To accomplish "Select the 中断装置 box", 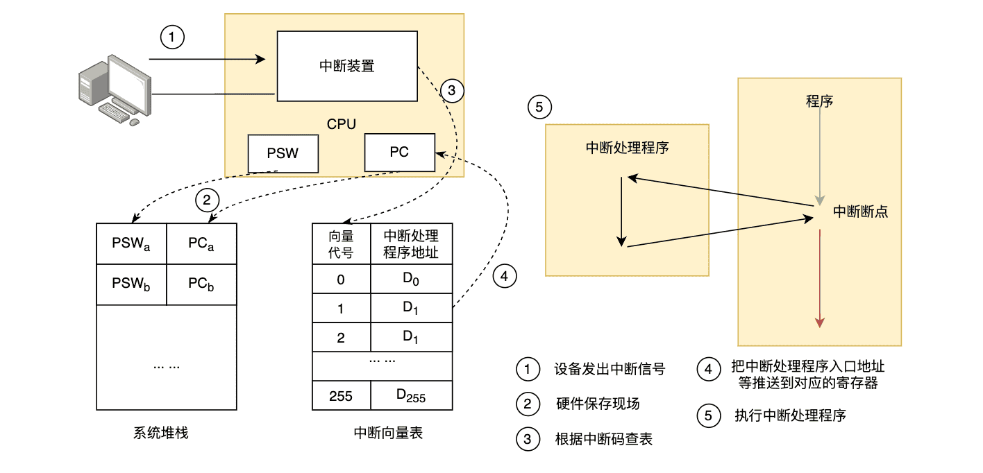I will coord(347,66).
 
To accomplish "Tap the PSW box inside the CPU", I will coord(283,153).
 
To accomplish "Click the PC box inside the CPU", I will coord(399,153).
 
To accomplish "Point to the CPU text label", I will coord(341,125).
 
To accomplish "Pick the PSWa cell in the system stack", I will coord(131,243).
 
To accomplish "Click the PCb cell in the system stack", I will coord(202,284).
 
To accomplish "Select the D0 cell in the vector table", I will coord(412,279).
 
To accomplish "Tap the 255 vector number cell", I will coord(341,395).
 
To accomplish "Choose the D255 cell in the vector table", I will coord(411,395).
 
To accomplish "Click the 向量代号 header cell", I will coord(341,243).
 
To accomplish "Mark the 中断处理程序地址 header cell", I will coord(411,243).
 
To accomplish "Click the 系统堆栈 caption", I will coord(160,433).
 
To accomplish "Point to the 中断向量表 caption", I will coord(388,433).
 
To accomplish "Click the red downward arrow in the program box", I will coord(821,277).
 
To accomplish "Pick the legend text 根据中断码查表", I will coord(604,439).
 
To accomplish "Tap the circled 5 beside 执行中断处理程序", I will coord(707,416).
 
